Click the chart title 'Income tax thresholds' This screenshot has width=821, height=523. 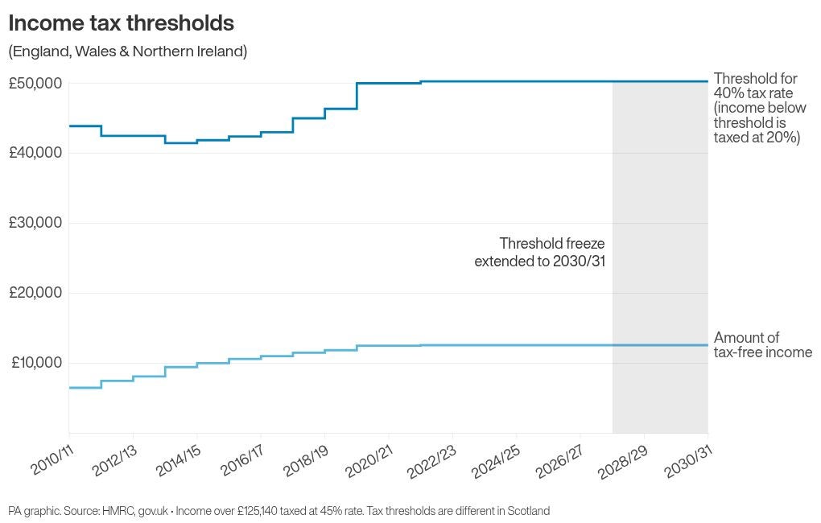(122, 23)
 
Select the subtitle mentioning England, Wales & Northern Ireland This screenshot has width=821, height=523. (127, 51)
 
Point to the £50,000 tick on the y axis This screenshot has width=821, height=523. (35, 83)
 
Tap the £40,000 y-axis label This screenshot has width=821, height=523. (35, 153)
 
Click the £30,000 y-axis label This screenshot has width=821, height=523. (35, 223)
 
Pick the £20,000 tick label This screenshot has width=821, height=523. (35, 293)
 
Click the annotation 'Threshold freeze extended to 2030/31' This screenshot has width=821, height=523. (539, 252)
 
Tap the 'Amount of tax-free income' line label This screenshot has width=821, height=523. (762, 345)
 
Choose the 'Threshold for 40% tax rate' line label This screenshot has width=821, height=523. (755, 86)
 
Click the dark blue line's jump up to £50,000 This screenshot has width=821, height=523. (357, 96)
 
